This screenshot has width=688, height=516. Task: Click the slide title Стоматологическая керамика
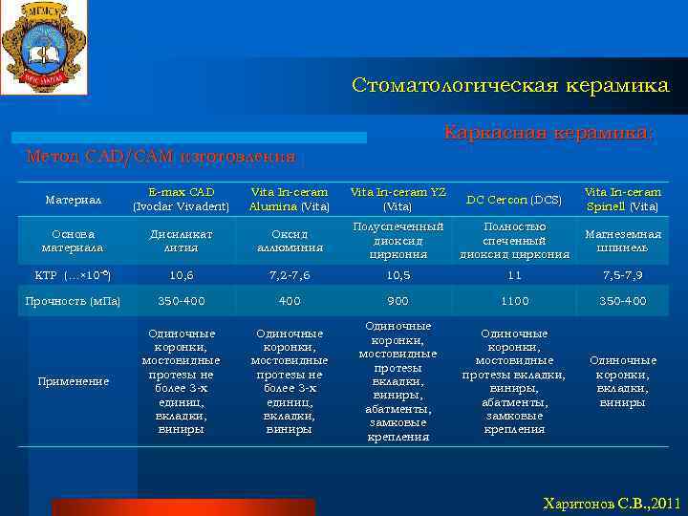coord(510,86)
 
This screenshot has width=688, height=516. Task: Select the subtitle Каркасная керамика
coord(548,134)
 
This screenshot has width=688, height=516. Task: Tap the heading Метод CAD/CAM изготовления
coord(161,156)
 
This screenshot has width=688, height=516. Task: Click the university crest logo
coord(43,47)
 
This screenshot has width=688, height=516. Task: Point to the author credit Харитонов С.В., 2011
coord(612,503)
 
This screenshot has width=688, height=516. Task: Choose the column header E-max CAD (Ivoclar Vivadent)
coord(181,200)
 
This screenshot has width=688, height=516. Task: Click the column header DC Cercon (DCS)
coord(515,200)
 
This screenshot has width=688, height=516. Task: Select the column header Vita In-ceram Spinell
coord(622,200)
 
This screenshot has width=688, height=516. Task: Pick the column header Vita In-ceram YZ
coord(398,200)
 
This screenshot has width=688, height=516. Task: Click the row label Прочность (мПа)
coord(73,301)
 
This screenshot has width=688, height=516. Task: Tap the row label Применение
coord(74,381)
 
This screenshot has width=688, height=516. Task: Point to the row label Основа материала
coord(73,241)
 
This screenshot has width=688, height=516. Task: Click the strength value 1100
coord(515,301)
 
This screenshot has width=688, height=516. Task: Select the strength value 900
coord(398,301)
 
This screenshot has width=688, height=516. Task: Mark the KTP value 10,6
coord(181,275)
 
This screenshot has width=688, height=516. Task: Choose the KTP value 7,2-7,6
coord(289,275)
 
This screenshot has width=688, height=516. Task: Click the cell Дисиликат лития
coord(181,241)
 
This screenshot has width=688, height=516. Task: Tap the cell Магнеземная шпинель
coord(622,241)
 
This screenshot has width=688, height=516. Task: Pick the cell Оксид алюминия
coord(289,241)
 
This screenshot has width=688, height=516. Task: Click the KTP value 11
coord(515,275)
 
